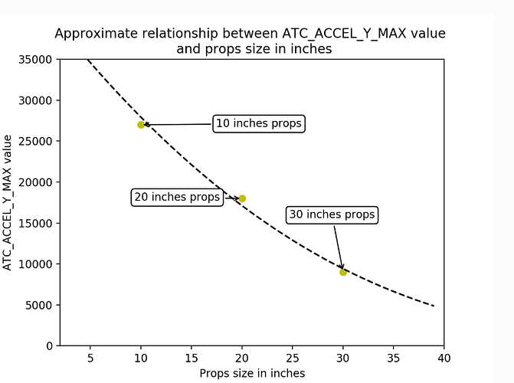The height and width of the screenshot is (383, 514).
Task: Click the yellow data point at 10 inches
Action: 141,125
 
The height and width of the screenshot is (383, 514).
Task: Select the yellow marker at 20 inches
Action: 242,198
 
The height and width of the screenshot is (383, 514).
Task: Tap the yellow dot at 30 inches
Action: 343,272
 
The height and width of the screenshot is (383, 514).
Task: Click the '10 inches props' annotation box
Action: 259,123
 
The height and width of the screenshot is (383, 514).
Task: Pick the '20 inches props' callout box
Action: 177,197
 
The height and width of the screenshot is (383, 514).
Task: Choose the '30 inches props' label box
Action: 332,214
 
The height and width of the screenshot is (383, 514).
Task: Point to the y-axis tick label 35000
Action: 35,60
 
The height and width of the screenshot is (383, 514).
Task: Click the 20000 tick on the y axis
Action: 35,182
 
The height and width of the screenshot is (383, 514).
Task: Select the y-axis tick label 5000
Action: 38,306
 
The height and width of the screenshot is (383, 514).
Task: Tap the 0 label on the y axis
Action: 49,346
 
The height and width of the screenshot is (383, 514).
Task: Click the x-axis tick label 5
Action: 90,358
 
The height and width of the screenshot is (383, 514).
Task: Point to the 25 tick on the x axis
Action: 293,358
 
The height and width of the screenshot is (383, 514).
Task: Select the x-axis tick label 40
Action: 444,358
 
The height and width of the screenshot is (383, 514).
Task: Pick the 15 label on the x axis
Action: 192,358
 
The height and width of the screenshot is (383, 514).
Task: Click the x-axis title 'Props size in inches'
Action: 252,373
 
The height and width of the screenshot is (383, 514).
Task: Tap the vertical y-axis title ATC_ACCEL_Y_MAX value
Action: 7,203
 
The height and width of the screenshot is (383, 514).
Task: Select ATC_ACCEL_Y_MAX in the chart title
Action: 344,34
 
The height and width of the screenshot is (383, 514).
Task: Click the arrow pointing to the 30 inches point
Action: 339,247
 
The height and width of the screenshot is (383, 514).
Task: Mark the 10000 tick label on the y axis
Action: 35,264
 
